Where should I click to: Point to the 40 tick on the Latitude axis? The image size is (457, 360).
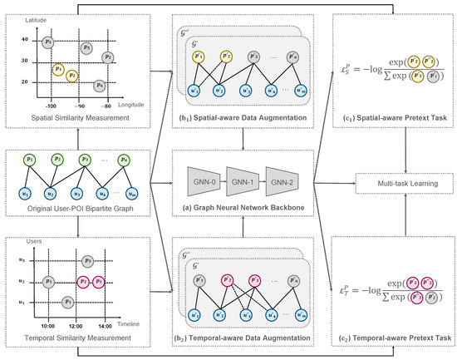(25, 39)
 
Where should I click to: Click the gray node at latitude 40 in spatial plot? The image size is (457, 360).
(49, 39)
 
